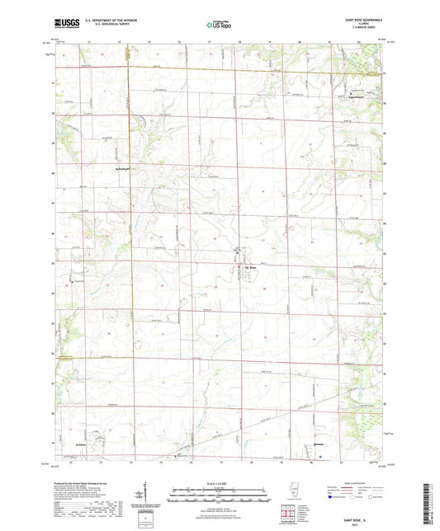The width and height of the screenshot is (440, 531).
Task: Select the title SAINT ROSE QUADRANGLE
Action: click(x=365, y=18)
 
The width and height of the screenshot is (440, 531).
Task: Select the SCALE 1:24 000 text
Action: click(x=219, y=483)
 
